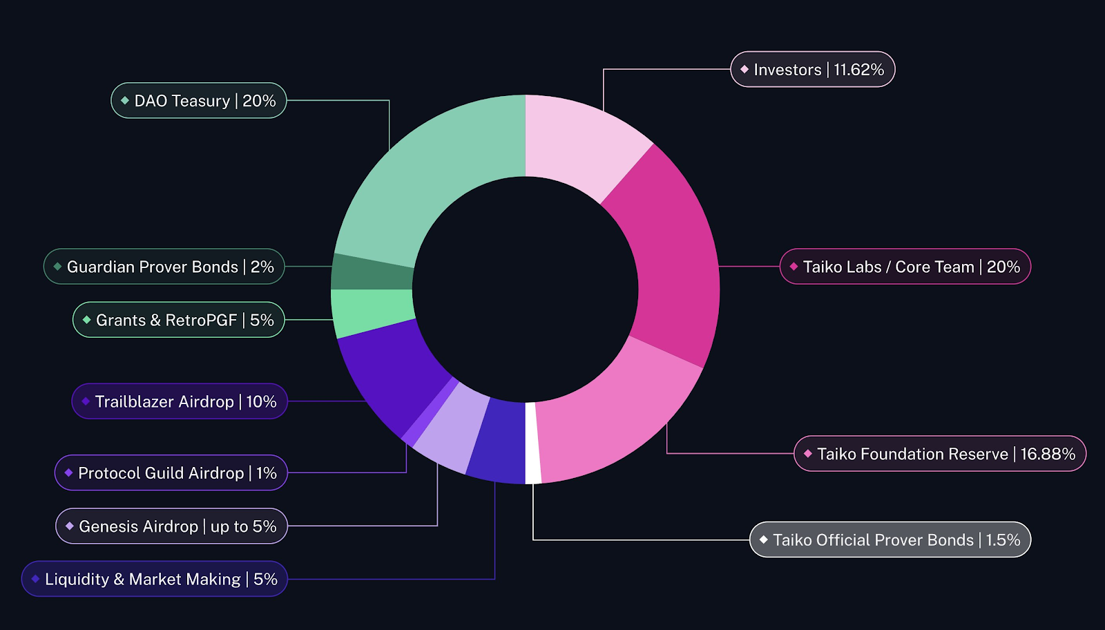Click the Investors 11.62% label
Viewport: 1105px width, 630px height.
point(813,70)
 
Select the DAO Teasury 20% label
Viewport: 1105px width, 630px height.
point(199,101)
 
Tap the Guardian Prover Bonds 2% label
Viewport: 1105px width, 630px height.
point(164,267)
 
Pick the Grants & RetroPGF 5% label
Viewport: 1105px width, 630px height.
point(179,320)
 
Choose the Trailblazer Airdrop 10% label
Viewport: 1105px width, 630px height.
point(180,401)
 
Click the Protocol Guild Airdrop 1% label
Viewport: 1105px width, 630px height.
point(171,473)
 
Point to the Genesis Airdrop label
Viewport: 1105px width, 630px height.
point(172,526)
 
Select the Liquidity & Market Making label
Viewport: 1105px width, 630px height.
point(155,579)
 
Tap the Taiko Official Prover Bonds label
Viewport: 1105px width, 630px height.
point(890,540)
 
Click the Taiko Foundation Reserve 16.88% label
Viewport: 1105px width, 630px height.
point(940,454)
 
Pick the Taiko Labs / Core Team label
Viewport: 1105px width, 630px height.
point(905,267)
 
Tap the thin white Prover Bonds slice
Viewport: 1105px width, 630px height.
point(532,443)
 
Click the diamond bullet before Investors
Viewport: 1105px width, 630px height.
point(744,70)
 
